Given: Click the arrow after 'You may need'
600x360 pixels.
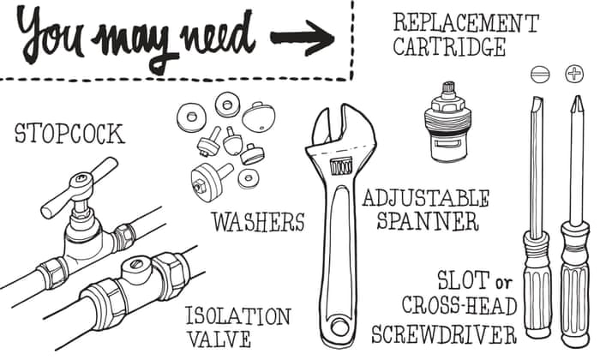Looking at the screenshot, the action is click(303, 37).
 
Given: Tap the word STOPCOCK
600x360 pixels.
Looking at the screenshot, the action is click(69, 134).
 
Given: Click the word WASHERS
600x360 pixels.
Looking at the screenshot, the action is click(259, 221).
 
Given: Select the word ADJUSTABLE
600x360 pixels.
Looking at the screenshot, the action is click(426, 199).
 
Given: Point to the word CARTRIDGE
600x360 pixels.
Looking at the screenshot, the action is click(449, 47).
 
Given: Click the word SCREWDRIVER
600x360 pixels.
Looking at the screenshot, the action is click(444, 334).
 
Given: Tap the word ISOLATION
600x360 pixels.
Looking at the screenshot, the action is click(238, 316).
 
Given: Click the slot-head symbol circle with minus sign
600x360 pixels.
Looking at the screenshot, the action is click(541, 75).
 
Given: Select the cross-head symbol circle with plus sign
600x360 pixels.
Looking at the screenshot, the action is click(574, 74).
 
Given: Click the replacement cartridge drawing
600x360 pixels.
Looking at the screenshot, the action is click(447, 122).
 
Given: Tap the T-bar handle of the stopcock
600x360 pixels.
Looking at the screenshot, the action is click(79, 188).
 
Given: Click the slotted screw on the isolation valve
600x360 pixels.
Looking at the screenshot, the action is click(135, 264).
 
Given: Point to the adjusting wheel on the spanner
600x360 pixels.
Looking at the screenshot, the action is click(341, 167).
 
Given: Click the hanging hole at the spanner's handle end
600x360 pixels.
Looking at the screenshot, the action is click(339, 327).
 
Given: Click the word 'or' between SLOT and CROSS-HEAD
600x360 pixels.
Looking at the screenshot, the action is click(503, 283).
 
